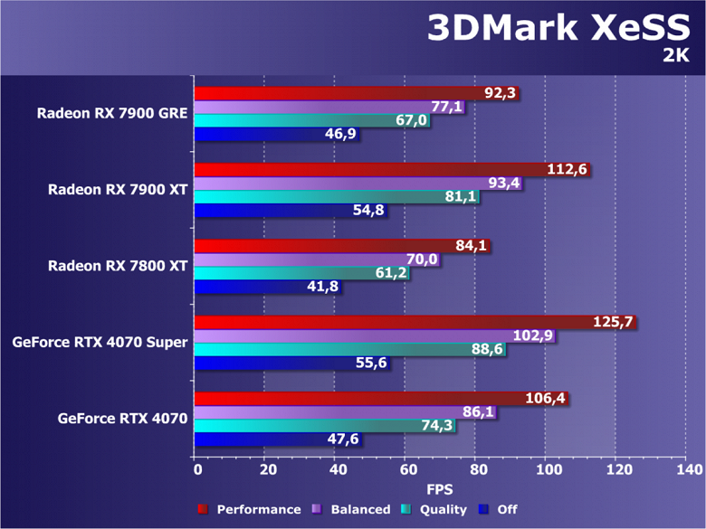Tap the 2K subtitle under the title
[x=675, y=56]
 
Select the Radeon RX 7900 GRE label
[x=112, y=113]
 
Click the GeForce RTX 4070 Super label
[x=100, y=342]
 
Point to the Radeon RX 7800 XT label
[x=118, y=266]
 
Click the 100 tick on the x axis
[x=546, y=470]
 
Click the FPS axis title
[x=440, y=489]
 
